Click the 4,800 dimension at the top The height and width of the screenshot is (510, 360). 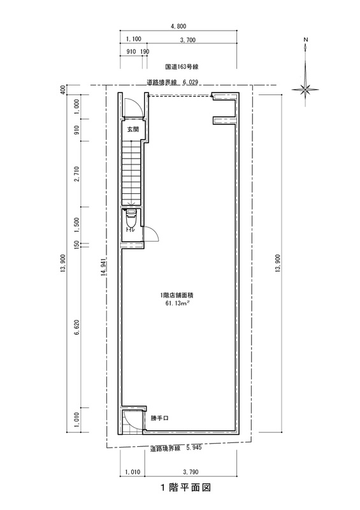pos(178,26)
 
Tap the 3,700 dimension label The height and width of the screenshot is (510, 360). pos(187,40)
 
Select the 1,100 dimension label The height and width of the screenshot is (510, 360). pos(133,39)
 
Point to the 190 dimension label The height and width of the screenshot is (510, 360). pos(145,52)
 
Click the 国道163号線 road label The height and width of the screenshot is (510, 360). pos(182,67)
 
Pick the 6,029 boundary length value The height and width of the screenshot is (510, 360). pos(191,82)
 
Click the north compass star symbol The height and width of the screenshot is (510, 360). pos(305,89)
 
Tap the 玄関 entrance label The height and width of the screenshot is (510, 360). pos(133,129)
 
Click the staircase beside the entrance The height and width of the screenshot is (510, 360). pos(132,172)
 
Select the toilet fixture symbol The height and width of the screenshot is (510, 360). pos(131,219)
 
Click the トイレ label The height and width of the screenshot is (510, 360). pos(131,230)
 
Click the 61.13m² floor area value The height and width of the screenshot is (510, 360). pos(178,304)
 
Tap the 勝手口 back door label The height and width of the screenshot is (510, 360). pos(159,418)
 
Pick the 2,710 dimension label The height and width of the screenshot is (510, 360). pos(77,174)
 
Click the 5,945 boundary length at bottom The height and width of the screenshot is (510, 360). pos(194,448)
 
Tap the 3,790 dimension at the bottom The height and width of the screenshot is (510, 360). pos(191,472)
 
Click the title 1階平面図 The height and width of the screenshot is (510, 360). pos(185,488)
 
